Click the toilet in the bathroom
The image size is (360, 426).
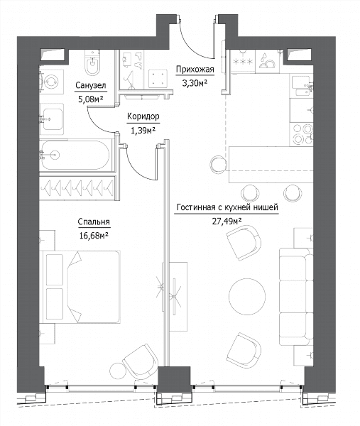(92, 62)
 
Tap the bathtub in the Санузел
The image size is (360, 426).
(75, 155)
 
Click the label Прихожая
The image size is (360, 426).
(195, 70)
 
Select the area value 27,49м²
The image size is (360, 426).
(227, 222)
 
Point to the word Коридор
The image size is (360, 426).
(143, 116)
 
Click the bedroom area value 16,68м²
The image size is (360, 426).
(94, 235)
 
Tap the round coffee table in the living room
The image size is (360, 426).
(247, 296)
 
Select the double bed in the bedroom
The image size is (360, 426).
(80, 287)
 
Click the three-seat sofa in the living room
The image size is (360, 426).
(296, 297)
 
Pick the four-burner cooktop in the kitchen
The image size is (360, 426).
(301, 134)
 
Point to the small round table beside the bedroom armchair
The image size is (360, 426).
(117, 371)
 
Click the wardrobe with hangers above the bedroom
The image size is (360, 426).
(77, 188)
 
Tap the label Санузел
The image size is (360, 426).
(90, 86)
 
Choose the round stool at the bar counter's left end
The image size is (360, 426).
(219, 164)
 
